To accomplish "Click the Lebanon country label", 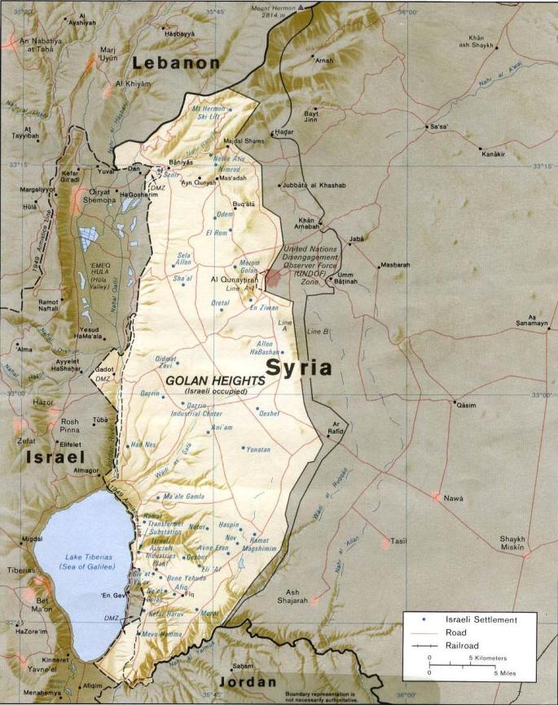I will click(177, 63).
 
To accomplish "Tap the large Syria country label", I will click(299, 368).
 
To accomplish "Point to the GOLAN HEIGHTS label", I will click(215, 381).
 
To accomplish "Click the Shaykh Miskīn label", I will click(512, 543).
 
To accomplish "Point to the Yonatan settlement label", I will click(258, 449).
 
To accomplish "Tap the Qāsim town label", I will click(466, 405).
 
